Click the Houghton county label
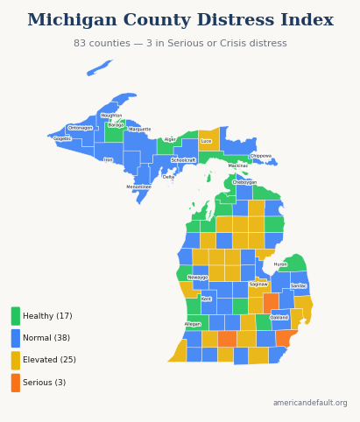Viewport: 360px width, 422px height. tap(111, 116)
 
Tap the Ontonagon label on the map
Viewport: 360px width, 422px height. tap(80, 128)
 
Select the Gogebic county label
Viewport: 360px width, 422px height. tap(62, 138)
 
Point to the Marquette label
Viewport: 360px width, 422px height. tap(140, 130)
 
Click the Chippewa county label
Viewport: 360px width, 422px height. tap(261, 156)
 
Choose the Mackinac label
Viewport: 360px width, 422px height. tap(238, 165)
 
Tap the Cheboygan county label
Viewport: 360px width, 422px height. tap(244, 182)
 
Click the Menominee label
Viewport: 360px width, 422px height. tap(138, 186)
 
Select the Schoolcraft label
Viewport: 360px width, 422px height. tap(183, 160)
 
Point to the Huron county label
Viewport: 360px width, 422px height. tap(280, 264)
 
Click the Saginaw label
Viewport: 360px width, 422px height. tap(258, 285)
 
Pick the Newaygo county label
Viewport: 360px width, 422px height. tap(198, 278)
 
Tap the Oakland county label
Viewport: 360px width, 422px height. tap(279, 318)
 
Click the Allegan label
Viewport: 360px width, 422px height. tap(193, 324)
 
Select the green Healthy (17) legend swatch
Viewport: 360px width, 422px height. tap(16, 316)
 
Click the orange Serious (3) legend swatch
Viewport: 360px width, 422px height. tap(16, 383)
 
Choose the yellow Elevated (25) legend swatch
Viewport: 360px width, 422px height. tap(16, 360)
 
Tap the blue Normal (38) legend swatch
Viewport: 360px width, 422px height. tap(16, 338)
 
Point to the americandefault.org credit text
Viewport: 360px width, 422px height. tap(310, 403)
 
